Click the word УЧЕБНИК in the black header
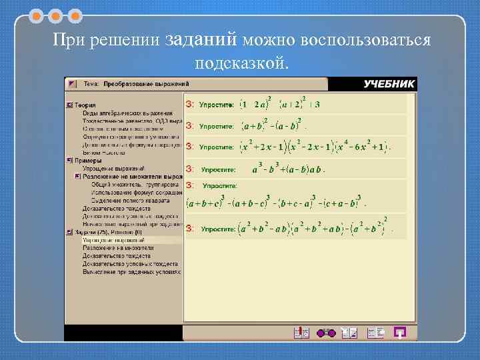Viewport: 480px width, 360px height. point(389,84)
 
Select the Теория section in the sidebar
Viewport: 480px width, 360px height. point(85,105)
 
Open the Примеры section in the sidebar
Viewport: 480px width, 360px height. point(88,161)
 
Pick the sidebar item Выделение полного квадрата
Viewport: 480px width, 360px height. point(130,200)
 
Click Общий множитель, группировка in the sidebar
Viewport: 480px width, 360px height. point(135,184)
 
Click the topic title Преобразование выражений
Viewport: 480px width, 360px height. point(146,84)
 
